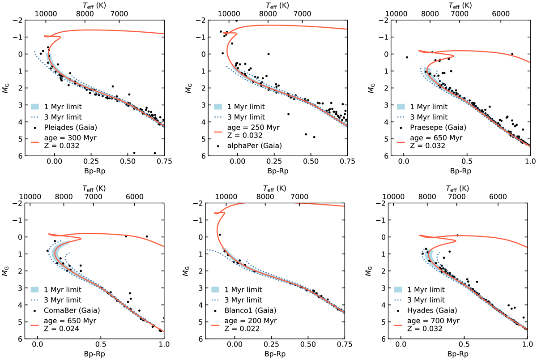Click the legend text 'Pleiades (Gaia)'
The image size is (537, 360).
(69, 128)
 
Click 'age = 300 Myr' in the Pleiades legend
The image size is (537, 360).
(68, 137)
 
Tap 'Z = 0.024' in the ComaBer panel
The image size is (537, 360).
(58, 329)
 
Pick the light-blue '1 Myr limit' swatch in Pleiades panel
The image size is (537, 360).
(35, 107)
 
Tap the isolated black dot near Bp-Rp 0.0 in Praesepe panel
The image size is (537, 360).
(407, 57)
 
